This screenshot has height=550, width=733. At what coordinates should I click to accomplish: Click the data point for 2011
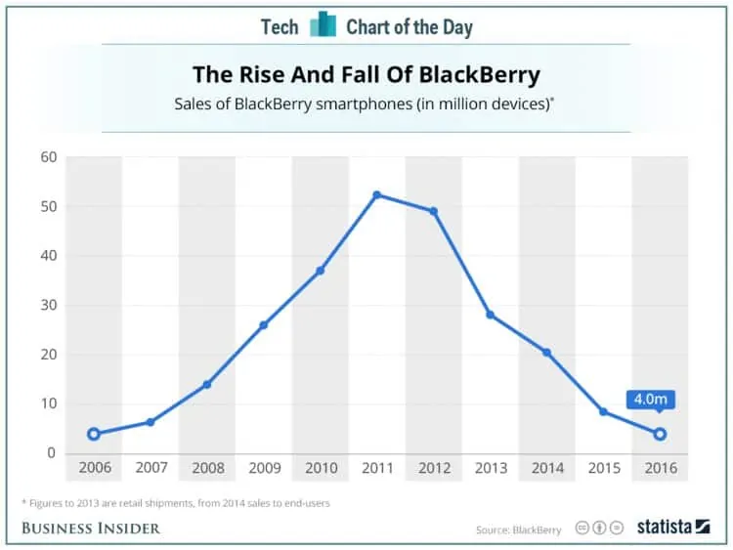pyautogui.click(x=376, y=195)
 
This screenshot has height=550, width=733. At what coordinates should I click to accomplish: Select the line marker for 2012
pyautogui.click(x=433, y=211)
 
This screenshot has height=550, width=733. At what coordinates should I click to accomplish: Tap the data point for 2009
pyautogui.click(x=263, y=324)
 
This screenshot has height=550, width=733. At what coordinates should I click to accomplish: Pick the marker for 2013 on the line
pyautogui.click(x=490, y=315)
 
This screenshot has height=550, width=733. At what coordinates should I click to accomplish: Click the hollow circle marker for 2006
pyautogui.click(x=94, y=434)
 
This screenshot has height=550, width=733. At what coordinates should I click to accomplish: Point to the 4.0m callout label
pyautogui.click(x=651, y=400)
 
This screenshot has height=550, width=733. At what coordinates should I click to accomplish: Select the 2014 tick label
pyautogui.click(x=546, y=468)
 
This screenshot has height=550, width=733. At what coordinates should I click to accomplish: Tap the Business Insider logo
pyautogui.click(x=91, y=529)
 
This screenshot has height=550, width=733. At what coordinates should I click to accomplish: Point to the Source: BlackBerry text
pyautogui.click(x=519, y=529)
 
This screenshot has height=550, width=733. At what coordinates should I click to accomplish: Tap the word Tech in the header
pyautogui.click(x=280, y=26)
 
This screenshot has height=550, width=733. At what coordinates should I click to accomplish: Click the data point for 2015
pyautogui.click(x=603, y=411)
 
